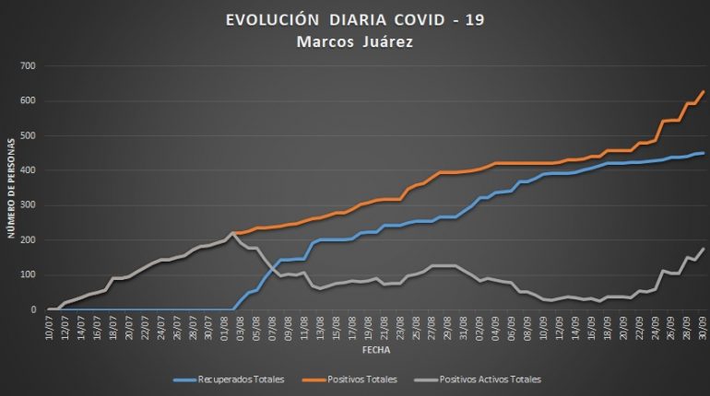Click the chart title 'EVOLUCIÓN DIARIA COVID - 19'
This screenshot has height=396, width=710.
coord(355,19)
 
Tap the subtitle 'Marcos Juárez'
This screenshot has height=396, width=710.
coord(355,41)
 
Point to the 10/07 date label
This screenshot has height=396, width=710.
coord(49,326)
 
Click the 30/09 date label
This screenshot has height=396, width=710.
coord(702,326)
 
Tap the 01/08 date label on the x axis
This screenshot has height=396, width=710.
coord(227,326)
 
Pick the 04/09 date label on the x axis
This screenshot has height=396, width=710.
coord(493,326)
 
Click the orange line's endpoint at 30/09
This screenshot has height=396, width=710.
coord(704,91)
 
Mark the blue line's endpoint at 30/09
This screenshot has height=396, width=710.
coord(704,153)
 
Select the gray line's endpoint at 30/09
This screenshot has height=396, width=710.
coord(704,248)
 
